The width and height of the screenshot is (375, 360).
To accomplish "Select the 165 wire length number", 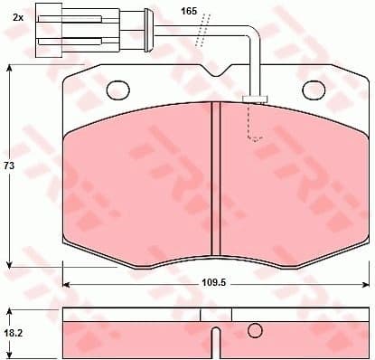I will click(188, 10).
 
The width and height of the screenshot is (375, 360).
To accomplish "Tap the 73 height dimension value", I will click(9, 166).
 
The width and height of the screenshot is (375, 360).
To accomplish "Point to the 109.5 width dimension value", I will click(213, 282).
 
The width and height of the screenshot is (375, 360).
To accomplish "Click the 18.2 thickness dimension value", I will click(13, 334).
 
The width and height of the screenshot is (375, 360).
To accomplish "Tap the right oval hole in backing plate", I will click(314, 90).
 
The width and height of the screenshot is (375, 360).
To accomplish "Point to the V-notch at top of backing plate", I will click(216, 73).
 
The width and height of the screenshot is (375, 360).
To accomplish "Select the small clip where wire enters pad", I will click(255, 97).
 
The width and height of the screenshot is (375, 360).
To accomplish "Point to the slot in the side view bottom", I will click(215, 344).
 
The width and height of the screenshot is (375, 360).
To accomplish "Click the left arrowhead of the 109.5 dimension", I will click(66, 282).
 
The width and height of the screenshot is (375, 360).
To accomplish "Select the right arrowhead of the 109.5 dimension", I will click(365, 282).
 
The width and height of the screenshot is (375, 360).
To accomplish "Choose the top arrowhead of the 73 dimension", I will click(9, 69).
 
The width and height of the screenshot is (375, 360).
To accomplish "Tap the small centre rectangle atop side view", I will click(216, 314).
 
